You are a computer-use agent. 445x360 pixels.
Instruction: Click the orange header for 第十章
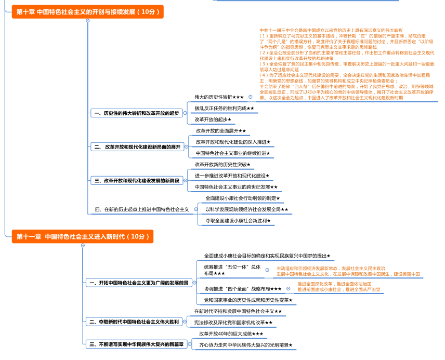[87, 11]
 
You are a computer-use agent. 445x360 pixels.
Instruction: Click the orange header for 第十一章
[83, 236]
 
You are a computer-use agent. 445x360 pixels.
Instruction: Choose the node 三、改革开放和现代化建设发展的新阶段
[137, 181]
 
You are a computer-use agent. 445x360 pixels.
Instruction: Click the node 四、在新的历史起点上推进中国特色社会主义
[141, 209]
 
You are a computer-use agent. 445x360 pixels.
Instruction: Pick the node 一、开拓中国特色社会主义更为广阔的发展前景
[139, 283]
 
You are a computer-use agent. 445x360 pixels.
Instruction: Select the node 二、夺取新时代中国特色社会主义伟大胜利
[134, 322]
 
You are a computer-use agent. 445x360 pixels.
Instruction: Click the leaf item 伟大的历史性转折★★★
[219, 97]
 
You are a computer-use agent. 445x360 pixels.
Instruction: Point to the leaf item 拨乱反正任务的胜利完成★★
[225, 108]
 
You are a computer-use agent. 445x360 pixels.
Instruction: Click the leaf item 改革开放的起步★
[213, 119]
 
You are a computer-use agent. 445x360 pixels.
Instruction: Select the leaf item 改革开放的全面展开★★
[220, 130]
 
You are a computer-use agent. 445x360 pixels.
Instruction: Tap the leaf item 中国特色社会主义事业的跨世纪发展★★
[236, 187]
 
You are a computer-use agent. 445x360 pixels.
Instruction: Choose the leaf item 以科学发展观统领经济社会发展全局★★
[246, 209]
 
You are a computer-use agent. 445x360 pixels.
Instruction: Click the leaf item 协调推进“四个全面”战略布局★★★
[242, 288]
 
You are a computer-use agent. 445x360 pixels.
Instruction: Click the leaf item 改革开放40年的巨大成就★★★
[231, 334]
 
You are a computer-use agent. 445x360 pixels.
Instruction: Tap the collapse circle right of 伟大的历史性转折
[251, 97]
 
